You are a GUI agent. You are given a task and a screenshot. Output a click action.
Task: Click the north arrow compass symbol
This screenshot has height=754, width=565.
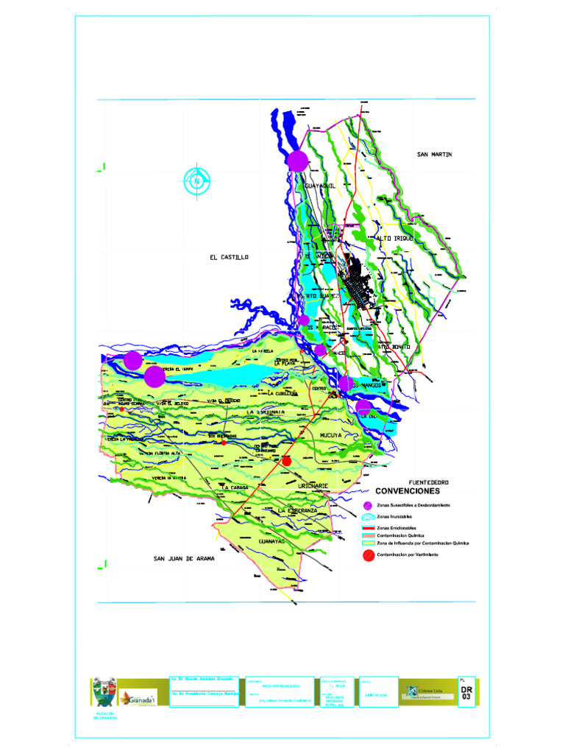click(x=197, y=180)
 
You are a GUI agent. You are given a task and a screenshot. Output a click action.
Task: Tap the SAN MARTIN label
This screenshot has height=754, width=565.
click(x=434, y=154)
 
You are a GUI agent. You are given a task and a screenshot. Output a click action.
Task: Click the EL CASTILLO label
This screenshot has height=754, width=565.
click(x=229, y=257)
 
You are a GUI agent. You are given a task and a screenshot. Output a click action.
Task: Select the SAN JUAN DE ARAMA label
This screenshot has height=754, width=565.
click(x=184, y=559)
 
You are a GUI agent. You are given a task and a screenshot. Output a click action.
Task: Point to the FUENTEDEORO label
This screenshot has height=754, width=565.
click(x=423, y=482)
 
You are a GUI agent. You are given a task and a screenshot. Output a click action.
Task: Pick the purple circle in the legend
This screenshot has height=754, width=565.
click(x=368, y=505)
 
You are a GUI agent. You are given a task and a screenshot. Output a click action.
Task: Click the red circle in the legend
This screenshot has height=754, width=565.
click(x=368, y=554)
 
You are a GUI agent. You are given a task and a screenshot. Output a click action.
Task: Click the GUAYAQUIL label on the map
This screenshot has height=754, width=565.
click(x=320, y=186)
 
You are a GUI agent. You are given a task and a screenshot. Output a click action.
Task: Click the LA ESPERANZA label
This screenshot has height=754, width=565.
click(x=297, y=510)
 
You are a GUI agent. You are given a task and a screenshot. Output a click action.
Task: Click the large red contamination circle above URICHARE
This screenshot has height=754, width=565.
click(x=287, y=461)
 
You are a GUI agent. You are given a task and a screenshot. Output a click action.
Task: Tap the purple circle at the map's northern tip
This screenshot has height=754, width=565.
click(x=298, y=160)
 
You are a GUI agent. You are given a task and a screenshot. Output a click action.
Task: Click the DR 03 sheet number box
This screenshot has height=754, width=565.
click(x=466, y=693)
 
